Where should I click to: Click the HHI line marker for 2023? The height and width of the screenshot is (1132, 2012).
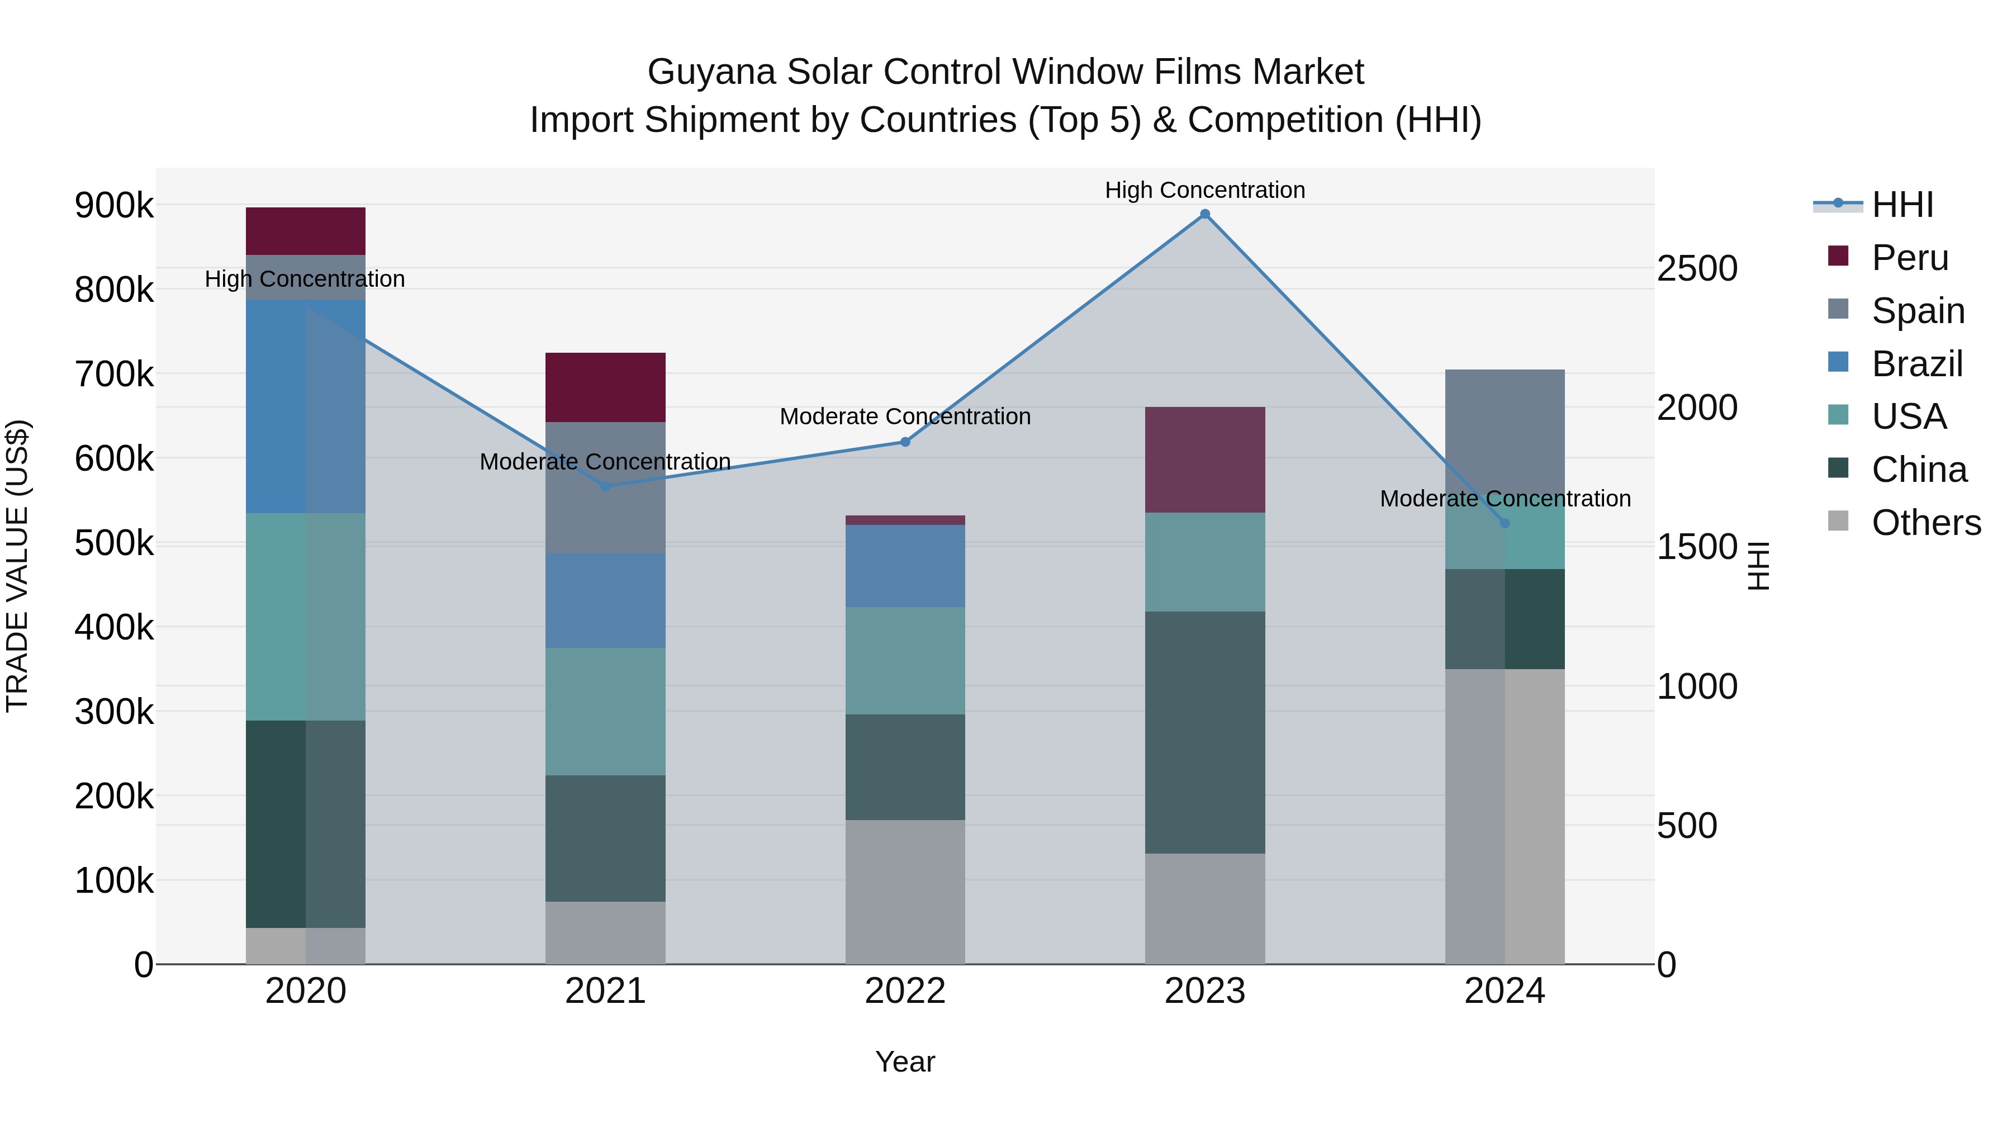click(1204, 214)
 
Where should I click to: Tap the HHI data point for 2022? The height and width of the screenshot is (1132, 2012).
click(905, 442)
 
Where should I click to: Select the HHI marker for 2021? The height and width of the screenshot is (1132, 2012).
click(605, 486)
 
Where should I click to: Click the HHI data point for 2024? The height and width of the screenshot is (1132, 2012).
click(1505, 523)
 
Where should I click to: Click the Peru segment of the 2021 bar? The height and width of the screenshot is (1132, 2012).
click(605, 387)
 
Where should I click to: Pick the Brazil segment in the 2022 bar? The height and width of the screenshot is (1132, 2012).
click(905, 566)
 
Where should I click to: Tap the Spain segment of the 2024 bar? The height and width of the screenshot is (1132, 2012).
click(1505, 430)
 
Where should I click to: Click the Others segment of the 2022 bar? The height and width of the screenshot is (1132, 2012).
click(905, 892)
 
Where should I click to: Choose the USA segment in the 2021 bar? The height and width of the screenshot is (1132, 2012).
click(605, 711)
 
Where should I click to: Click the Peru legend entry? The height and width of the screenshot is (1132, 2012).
click(1909, 258)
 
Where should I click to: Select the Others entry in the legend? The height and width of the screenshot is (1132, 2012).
click(1925, 523)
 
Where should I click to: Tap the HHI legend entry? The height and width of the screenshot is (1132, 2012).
click(1901, 205)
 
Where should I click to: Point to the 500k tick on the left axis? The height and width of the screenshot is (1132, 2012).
click(114, 543)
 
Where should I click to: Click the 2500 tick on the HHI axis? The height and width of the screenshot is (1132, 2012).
click(1696, 269)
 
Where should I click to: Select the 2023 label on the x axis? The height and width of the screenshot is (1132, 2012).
click(1204, 991)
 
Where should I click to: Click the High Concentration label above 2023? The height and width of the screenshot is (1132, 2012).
click(1204, 190)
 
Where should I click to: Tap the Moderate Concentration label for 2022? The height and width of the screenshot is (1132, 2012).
click(905, 416)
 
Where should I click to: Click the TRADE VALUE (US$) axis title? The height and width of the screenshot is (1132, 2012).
click(17, 566)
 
